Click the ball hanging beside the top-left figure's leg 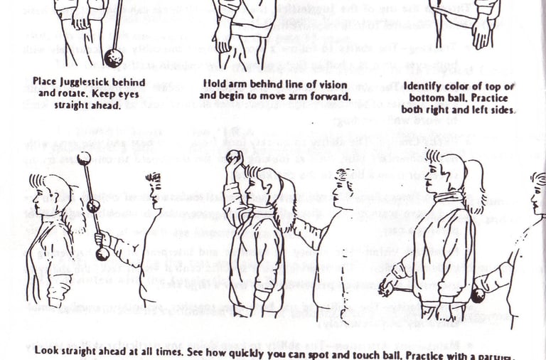pyautogui.click(x=113, y=57)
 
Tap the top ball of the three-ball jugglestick pyautogui.click(x=84, y=158)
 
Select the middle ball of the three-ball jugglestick pyautogui.click(x=93, y=206)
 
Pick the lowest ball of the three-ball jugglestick pyautogui.click(x=103, y=254)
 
